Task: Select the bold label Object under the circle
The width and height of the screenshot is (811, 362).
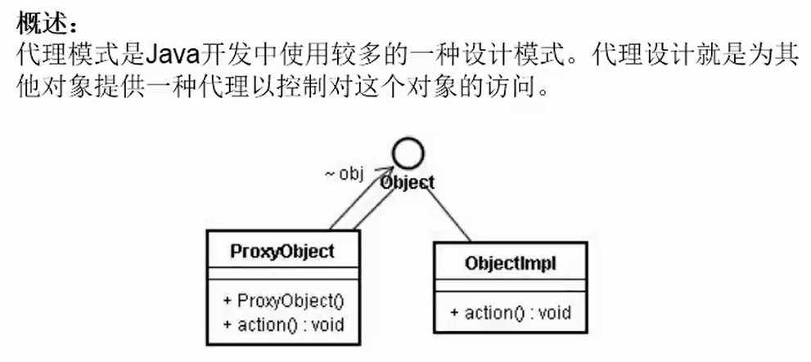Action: tap(407, 182)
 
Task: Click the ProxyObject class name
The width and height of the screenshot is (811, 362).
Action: tap(282, 251)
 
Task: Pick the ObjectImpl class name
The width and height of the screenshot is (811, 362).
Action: tap(511, 263)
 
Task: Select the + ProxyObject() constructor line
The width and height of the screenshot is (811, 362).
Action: tap(282, 300)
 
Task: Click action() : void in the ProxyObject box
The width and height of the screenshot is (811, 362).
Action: tap(282, 324)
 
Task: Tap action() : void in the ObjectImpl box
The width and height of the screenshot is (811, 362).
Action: tap(509, 312)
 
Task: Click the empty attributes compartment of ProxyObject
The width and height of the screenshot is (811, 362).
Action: tap(282, 275)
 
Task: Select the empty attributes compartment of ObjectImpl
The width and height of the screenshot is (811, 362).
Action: tap(511, 286)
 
